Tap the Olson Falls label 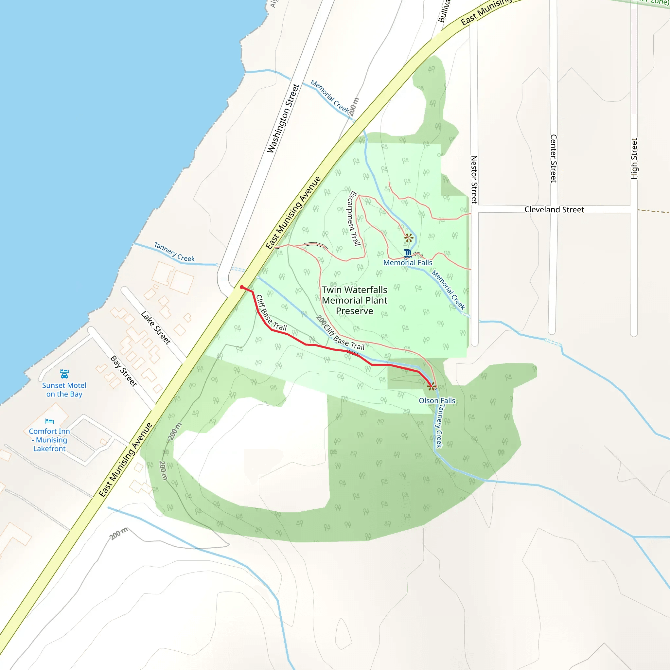click(x=437, y=400)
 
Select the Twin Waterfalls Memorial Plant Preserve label click(x=354, y=300)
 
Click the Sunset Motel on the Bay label click(x=64, y=389)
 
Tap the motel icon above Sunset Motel click(x=64, y=374)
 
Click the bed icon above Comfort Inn click(x=49, y=421)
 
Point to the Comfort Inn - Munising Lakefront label click(x=49, y=440)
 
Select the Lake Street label click(x=156, y=327)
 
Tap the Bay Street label click(x=123, y=371)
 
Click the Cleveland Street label click(x=554, y=209)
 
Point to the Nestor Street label click(x=474, y=179)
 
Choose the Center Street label click(x=554, y=158)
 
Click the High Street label click(x=634, y=158)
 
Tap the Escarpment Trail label click(x=353, y=218)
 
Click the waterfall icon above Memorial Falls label click(x=408, y=253)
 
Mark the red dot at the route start click(x=242, y=287)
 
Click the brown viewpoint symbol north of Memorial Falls click(x=409, y=238)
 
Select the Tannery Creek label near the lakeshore click(x=174, y=252)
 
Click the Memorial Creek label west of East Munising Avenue click(x=330, y=97)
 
